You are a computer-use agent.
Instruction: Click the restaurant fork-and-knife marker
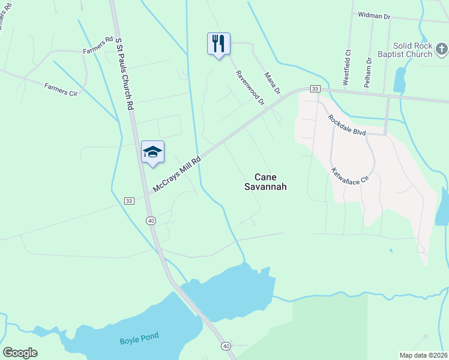click(x=218, y=44)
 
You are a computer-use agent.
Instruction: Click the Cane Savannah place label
click(x=266, y=182)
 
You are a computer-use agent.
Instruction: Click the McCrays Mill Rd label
click(x=176, y=172)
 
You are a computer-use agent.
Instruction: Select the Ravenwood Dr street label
click(x=250, y=87)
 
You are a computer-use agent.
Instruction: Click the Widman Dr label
click(x=374, y=14)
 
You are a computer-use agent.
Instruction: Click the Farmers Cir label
click(x=61, y=89)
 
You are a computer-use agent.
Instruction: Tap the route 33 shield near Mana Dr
click(x=314, y=89)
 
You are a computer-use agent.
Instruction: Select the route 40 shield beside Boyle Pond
click(x=226, y=346)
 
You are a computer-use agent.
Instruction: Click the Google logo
click(x=20, y=353)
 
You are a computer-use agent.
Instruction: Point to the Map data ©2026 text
click(x=423, y=355)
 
